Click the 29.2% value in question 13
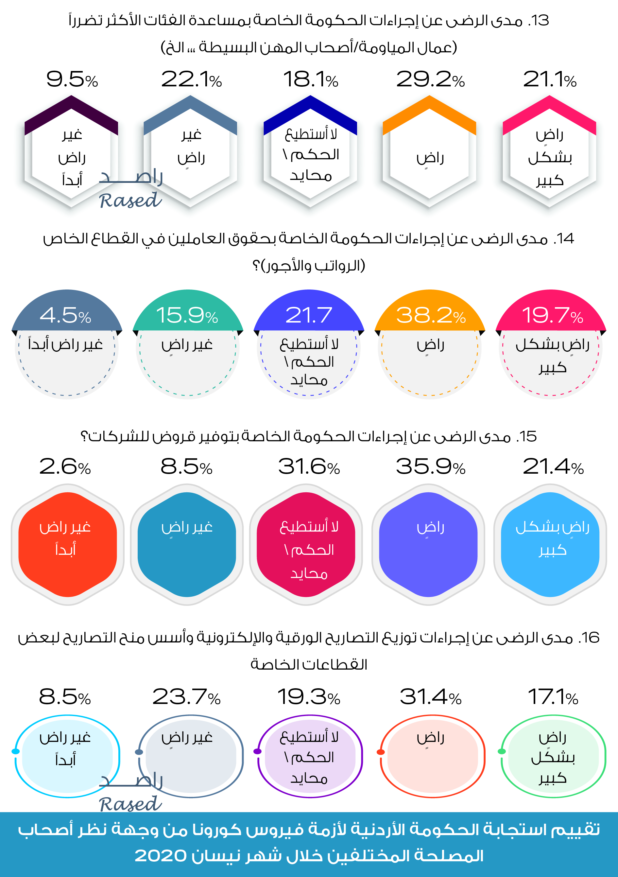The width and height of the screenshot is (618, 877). tap(430, 79)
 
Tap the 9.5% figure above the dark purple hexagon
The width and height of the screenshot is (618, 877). tap(72, 79)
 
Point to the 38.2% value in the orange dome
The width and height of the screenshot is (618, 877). tap(431, 316)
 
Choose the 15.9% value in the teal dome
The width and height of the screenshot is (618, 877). tap(187, 316)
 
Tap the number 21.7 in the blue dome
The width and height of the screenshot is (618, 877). tap(308, 316)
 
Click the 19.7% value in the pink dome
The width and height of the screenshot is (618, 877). tap(552, 316)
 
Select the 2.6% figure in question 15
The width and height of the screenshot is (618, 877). tap(65, 467)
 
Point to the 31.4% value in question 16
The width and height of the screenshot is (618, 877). tap(431, 697)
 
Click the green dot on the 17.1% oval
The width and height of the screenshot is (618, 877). tap(502, 751)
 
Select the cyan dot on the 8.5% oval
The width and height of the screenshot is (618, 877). tap(16, 751)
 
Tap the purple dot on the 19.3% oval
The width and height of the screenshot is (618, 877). tap(258, 751)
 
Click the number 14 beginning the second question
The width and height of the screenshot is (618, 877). tap(565, 239)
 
